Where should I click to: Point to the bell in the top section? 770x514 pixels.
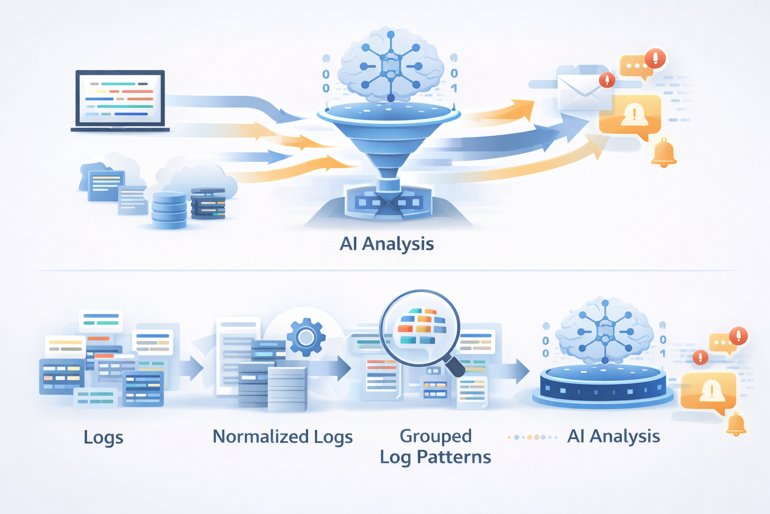(x=664, y=153)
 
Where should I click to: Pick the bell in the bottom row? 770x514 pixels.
(x=736, y=425)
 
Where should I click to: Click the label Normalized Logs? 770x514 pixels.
(x=282, y=437)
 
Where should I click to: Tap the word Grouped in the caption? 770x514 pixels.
(x=435, y=436)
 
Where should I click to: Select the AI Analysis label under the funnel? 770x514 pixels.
(x=387, y=244)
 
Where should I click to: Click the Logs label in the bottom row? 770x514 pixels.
(x=103, y=437)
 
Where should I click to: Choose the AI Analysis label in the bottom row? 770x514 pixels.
(x=613, y=436)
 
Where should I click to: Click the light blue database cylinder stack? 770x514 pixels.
(x=169, y=210)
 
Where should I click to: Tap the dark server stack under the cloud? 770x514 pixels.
(x=208, y=204)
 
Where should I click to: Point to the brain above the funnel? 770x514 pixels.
(x=391, y=66)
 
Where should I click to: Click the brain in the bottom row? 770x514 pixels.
(x=605, y=331)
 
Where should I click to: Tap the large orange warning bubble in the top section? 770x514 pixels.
(x=630, y=116)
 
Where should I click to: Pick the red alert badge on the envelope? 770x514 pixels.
(x=607, y=80)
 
